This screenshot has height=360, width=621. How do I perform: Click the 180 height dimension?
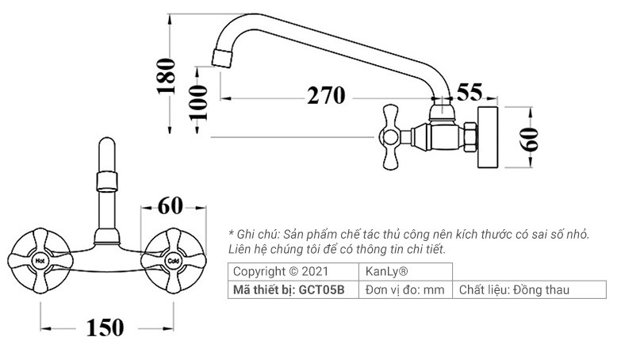click(166, 75)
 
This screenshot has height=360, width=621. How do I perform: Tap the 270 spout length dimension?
click(326, 96)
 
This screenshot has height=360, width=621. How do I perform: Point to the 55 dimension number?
click(470, 92)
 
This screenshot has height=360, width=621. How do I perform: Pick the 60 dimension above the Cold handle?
click(170, 205)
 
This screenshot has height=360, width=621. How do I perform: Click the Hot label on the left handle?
click(38, 259)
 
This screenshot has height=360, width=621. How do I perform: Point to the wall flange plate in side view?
click(488, 136)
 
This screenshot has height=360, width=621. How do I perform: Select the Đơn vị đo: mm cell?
click(405, 290)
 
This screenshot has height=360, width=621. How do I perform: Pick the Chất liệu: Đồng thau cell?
click(514, 290)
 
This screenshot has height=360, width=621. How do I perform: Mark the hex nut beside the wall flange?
click(468, 136)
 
